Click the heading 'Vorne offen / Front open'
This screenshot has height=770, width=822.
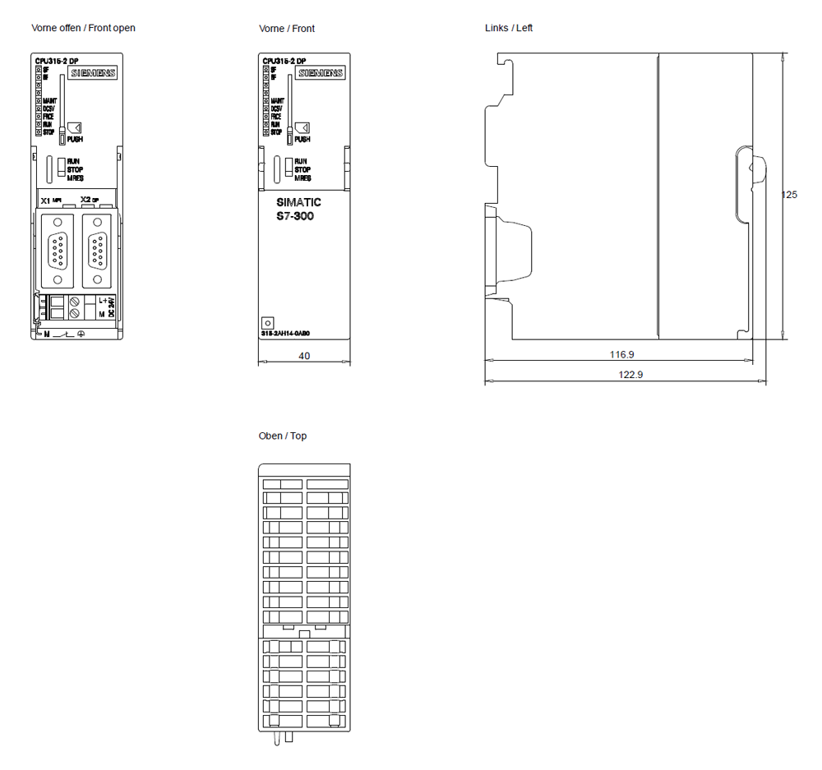tap(83, 28)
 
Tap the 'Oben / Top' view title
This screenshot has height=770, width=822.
tap(282, 436)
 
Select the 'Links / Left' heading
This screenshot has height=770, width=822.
tap(509, 28)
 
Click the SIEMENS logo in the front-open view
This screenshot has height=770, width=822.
tap(91, 73)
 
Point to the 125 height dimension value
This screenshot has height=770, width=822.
tap(789, 196)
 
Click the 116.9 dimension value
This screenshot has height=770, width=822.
tap(621, 355)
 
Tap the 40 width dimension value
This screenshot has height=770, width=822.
tap(304, 356)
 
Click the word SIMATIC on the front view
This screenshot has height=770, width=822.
tap(298, 202)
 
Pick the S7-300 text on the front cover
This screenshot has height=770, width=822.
tap(294, 216)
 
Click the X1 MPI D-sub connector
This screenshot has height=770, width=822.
tap(58, 249)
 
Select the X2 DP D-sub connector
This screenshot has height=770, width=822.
tap(98, 249)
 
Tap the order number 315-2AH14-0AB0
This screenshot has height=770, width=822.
tap(285, 334)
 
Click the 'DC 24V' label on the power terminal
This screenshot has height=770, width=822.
tap(111, 307)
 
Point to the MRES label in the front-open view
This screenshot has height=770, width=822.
tap(75, 178)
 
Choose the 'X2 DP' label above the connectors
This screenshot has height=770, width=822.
tap(90, 200)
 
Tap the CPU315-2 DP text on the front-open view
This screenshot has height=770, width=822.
tap(56, 61)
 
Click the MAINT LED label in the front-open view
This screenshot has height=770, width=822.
tap(48, 101)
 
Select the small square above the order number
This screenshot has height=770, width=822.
tap(267, 323)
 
